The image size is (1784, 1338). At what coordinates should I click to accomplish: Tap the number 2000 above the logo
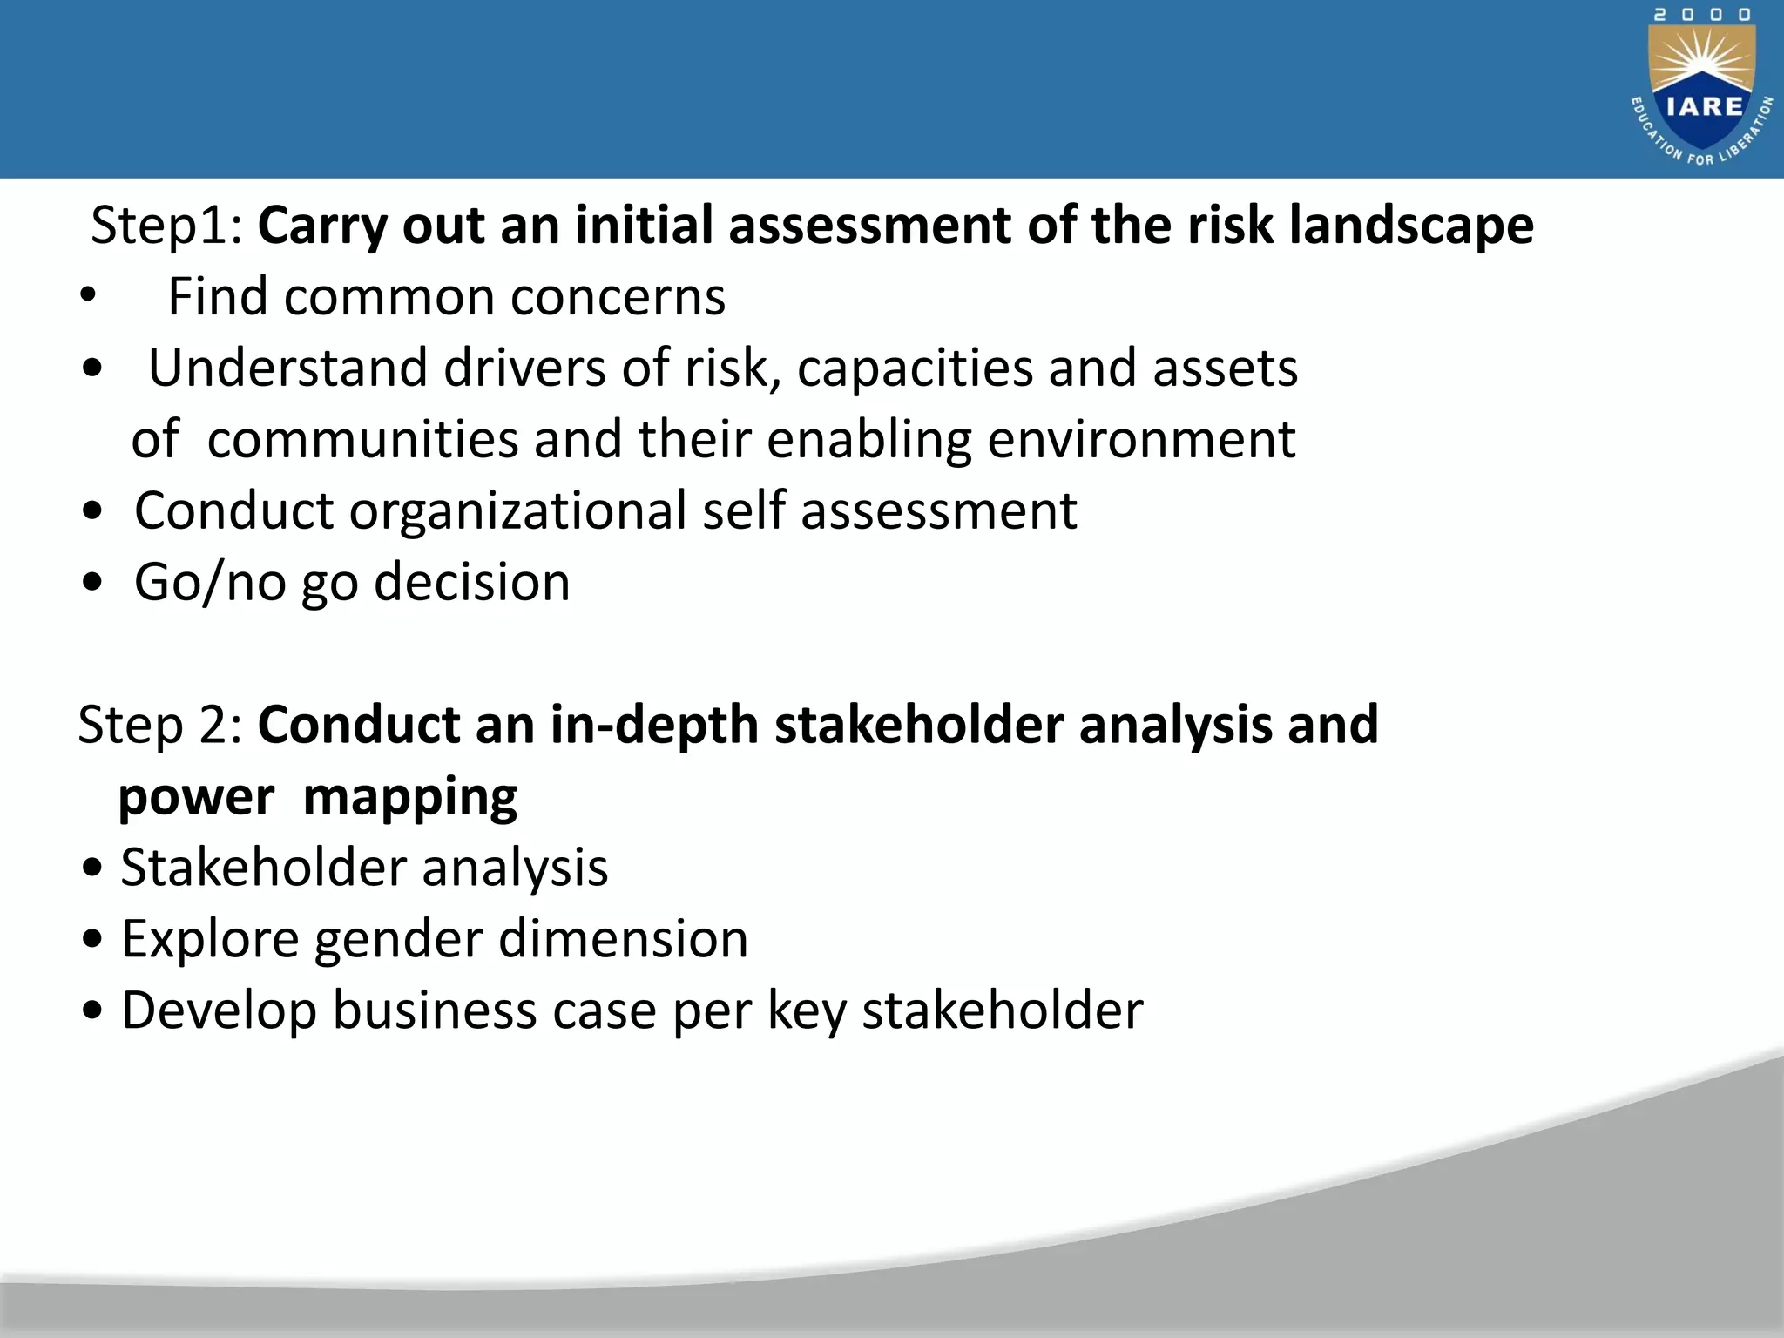click(x=1703, y=15)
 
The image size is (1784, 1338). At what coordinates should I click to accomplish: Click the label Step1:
click(x=166, y=226)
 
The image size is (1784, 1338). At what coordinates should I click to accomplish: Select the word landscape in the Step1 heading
click(x=1410, y=226)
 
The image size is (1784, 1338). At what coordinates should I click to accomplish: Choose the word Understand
click(x=288, y=368)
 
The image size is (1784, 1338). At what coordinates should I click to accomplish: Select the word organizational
click(x=517, y=510)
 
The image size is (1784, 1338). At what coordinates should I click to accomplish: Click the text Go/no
click(x=210, y=582)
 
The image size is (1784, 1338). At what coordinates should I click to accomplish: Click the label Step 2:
click(x=160, y=725)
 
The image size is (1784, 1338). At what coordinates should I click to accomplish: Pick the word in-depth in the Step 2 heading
click(x=654, y=725)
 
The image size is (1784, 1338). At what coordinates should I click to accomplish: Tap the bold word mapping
click(x=409, y=796)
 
